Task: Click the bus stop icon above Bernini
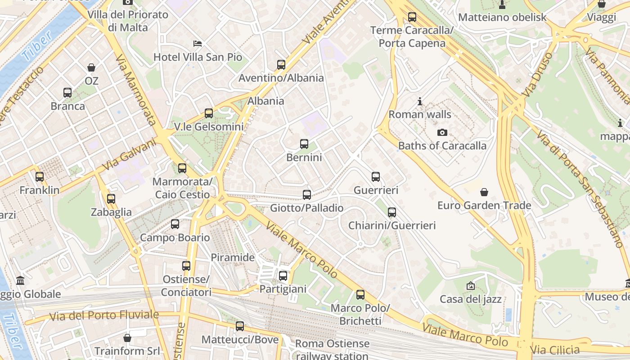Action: [x=304, y=144]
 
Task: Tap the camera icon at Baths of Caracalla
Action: [x=442, y=132]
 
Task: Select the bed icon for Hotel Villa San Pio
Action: [x=198, y=44]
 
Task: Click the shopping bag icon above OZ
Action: [x=91, y=67]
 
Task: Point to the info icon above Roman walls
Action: [x=420, y=101]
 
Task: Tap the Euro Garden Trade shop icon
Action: [x=484, y=192]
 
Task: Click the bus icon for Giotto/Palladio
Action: [x=307, y=194]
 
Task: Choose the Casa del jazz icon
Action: [x=471, y=286]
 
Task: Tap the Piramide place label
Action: [x=233, y=258]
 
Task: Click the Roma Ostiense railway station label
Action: [x=332, y=350]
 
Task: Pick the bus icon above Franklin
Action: [x=40, y=177]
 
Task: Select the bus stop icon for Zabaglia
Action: [x=111, y=198]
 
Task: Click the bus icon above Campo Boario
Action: [x=175, y=224]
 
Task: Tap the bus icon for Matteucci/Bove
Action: [x=240, y=326]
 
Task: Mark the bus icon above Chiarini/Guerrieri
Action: [x=392, y=212]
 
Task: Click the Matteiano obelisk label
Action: [x=502, y=18]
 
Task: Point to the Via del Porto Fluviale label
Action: [x=104, y=315]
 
